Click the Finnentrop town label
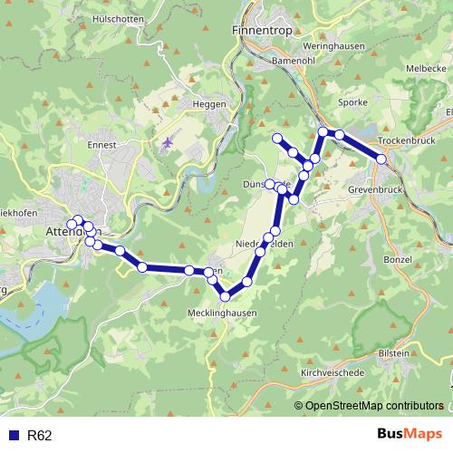coord(261,30)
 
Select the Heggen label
coord(208,104)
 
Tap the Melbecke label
coord(426,68)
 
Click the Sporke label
coord(352,102)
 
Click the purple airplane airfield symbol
coord(167,143)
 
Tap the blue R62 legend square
coord(13,436)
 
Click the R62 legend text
coord(39,436)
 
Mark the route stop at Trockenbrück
coord(382,159)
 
